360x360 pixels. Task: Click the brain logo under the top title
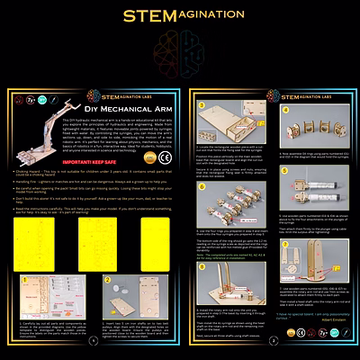[x=180, y=44]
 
